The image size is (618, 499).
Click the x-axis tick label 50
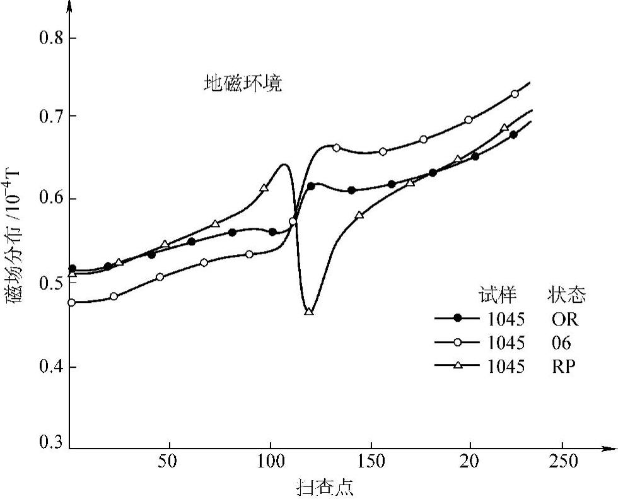(x=168, y=462)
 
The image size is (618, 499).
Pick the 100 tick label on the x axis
(x=270, y=462)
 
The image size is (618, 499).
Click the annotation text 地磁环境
(x=242, y=84)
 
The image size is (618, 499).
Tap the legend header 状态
(x=566, y=295)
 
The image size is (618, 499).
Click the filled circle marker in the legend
(x=459, y=318)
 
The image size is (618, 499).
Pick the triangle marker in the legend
(x=459, y=366)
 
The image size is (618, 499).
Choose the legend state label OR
(x=563, y=319)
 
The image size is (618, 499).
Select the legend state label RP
(x=563, y=367)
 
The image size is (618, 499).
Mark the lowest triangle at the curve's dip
(x=309, y=310)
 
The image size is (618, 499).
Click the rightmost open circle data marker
(x=515, y=94)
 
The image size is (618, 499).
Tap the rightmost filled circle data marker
(x=513, y=134)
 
